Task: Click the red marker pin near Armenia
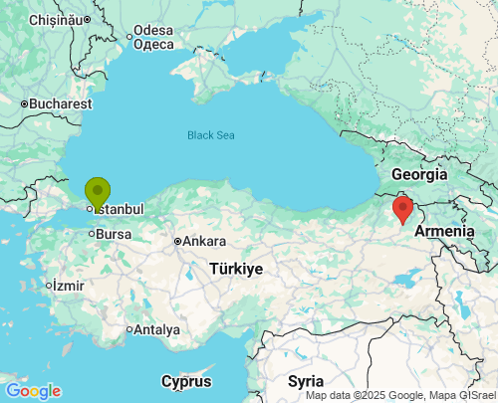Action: [x=402, y=209]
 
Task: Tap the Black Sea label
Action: [x=212, y=134]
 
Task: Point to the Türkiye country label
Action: [x=236, y=269]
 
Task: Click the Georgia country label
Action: [x=419, y=174]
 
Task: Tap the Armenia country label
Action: [x=444, y=231]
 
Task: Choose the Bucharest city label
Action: [x=60, y=102]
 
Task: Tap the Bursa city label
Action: [x=114, y=234]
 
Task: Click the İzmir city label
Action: [x=68, y=286]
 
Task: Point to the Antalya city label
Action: [x=157, y=329]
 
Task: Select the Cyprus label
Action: [x=186, y=381]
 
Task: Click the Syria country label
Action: [x=306, y=381]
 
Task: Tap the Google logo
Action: [x=32, y=391]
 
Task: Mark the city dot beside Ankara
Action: [x=177, y=241]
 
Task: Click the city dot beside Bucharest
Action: [x=24, y=102]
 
